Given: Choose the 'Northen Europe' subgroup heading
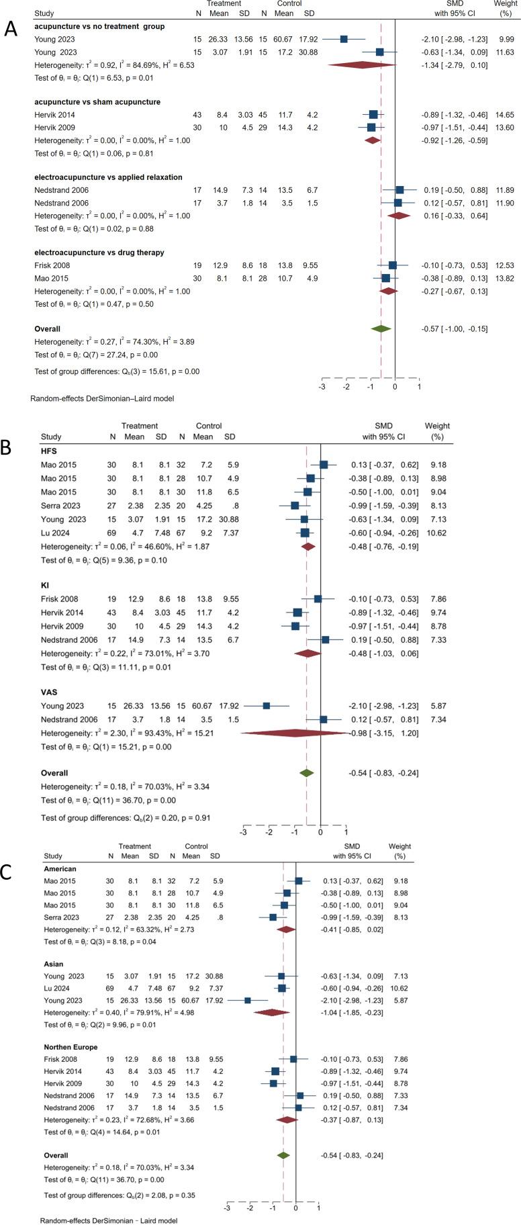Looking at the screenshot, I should (x=70, y=1047).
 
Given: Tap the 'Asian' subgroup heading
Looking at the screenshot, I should (x=54, y=964).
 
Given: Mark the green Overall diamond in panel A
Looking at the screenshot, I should (x=381, y=328).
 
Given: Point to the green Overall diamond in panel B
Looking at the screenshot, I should (x=307, y=773).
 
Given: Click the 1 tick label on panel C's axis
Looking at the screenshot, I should (x=318, y=1208).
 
